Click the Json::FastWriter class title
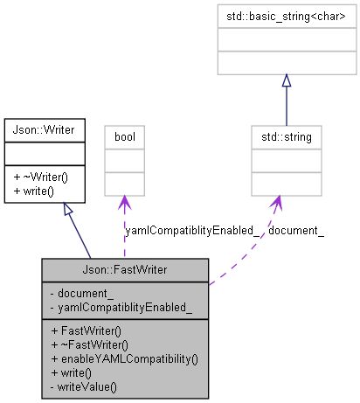124,268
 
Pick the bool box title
123,137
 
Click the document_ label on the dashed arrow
296,231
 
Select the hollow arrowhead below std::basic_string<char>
286,81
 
